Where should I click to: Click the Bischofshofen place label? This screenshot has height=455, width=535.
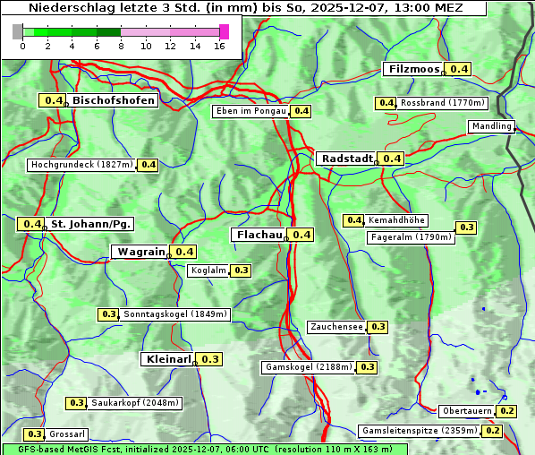coord(114,100)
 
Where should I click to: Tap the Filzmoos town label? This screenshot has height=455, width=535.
coord(413,69)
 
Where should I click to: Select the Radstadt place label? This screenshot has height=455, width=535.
coord(346,158)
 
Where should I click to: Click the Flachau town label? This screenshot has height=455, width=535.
coord(258,235)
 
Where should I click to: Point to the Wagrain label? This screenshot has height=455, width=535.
coord(141,252)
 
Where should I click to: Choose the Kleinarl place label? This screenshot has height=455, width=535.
coord(167,359)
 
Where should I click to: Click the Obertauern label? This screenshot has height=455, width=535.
coord(467,411)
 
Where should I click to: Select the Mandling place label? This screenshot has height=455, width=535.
coord(491,127)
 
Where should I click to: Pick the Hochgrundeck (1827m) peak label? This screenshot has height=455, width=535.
coord(81,165)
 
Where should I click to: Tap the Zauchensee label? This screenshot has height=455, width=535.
coord(336,327)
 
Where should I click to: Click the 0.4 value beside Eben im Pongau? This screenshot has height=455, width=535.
coord(301,111)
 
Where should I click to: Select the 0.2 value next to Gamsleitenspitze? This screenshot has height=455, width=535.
coord(493,431)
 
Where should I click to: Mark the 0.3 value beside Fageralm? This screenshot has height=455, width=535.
coord(466,227)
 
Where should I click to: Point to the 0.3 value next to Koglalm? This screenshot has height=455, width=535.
coord(241,270)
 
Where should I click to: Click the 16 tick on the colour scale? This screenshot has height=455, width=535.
coord(219,46)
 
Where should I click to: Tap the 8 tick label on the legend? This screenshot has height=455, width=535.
coord(121,46)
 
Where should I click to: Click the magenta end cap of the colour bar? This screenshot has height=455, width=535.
coord(224,31)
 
